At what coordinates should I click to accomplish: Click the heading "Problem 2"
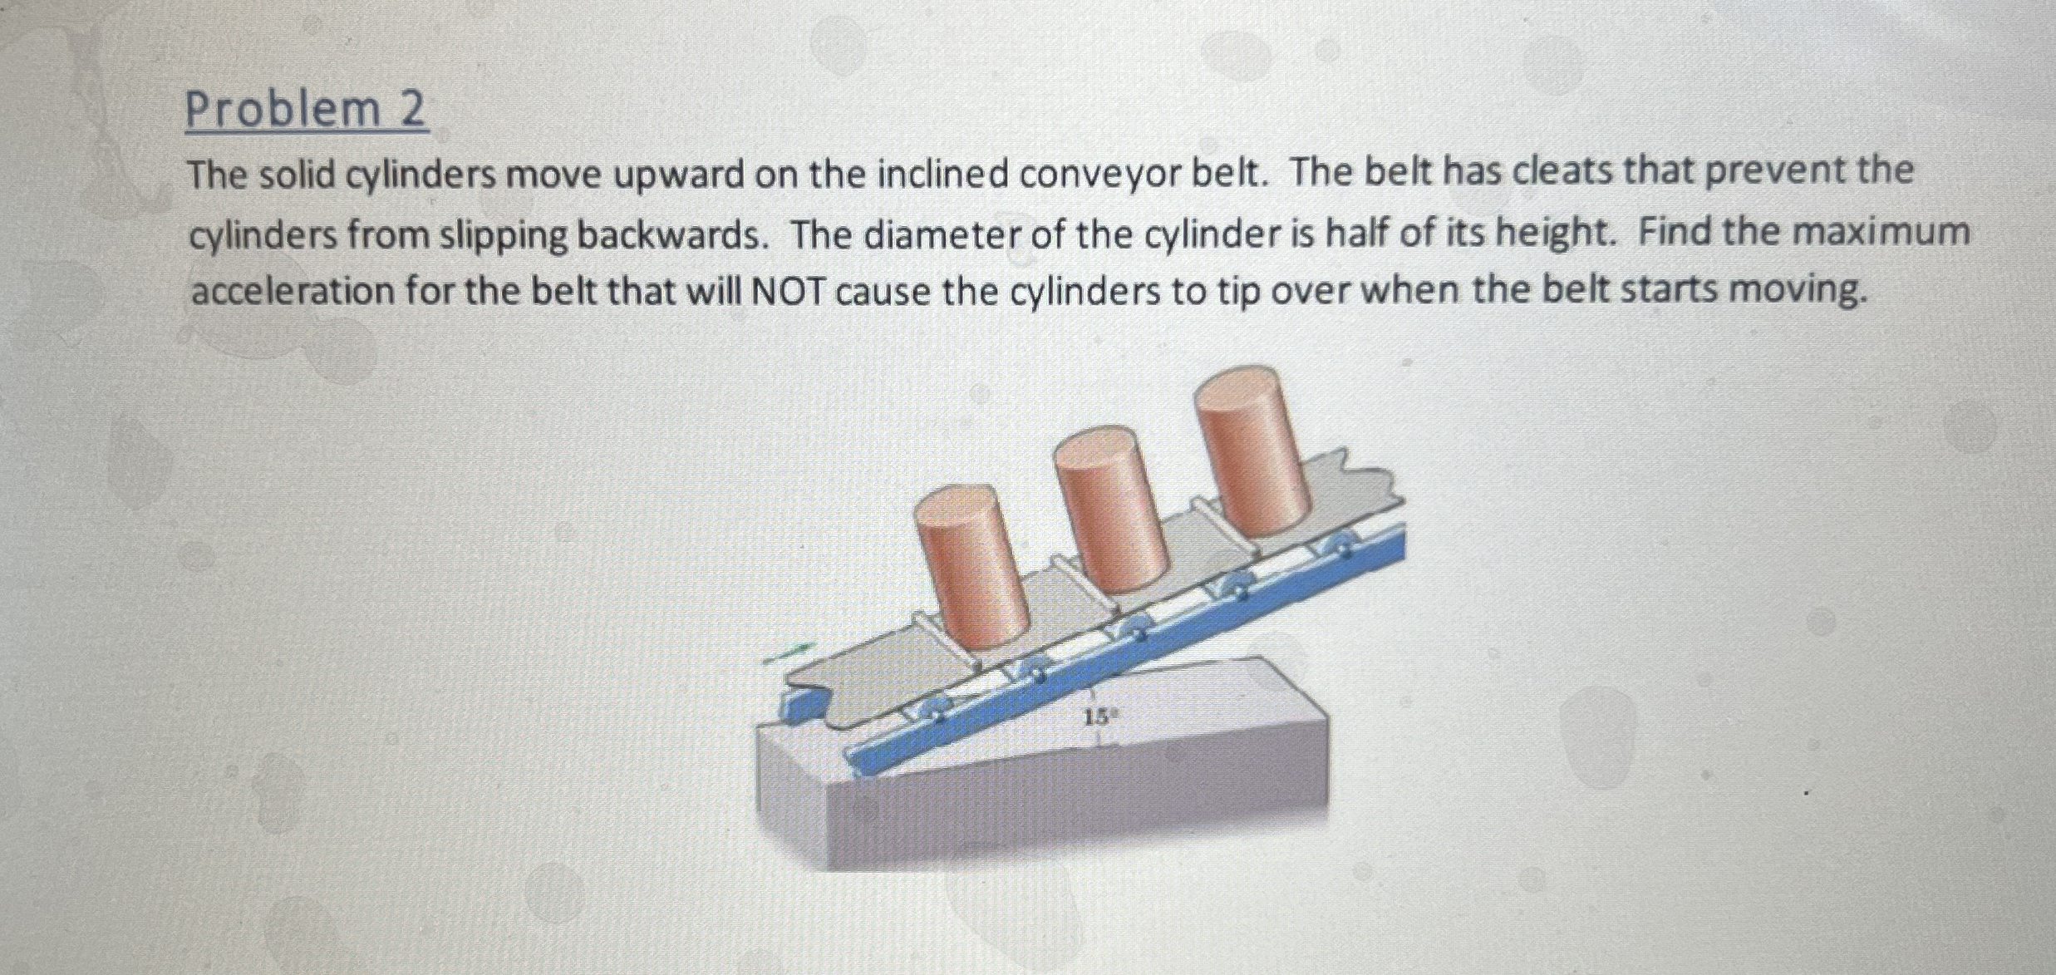[x=305, y=111]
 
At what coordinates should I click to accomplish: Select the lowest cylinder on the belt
[x=972, y=574]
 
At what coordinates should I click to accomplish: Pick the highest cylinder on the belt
[x=1251, y=453]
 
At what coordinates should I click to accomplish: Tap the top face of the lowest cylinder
[x=957, y=506]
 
